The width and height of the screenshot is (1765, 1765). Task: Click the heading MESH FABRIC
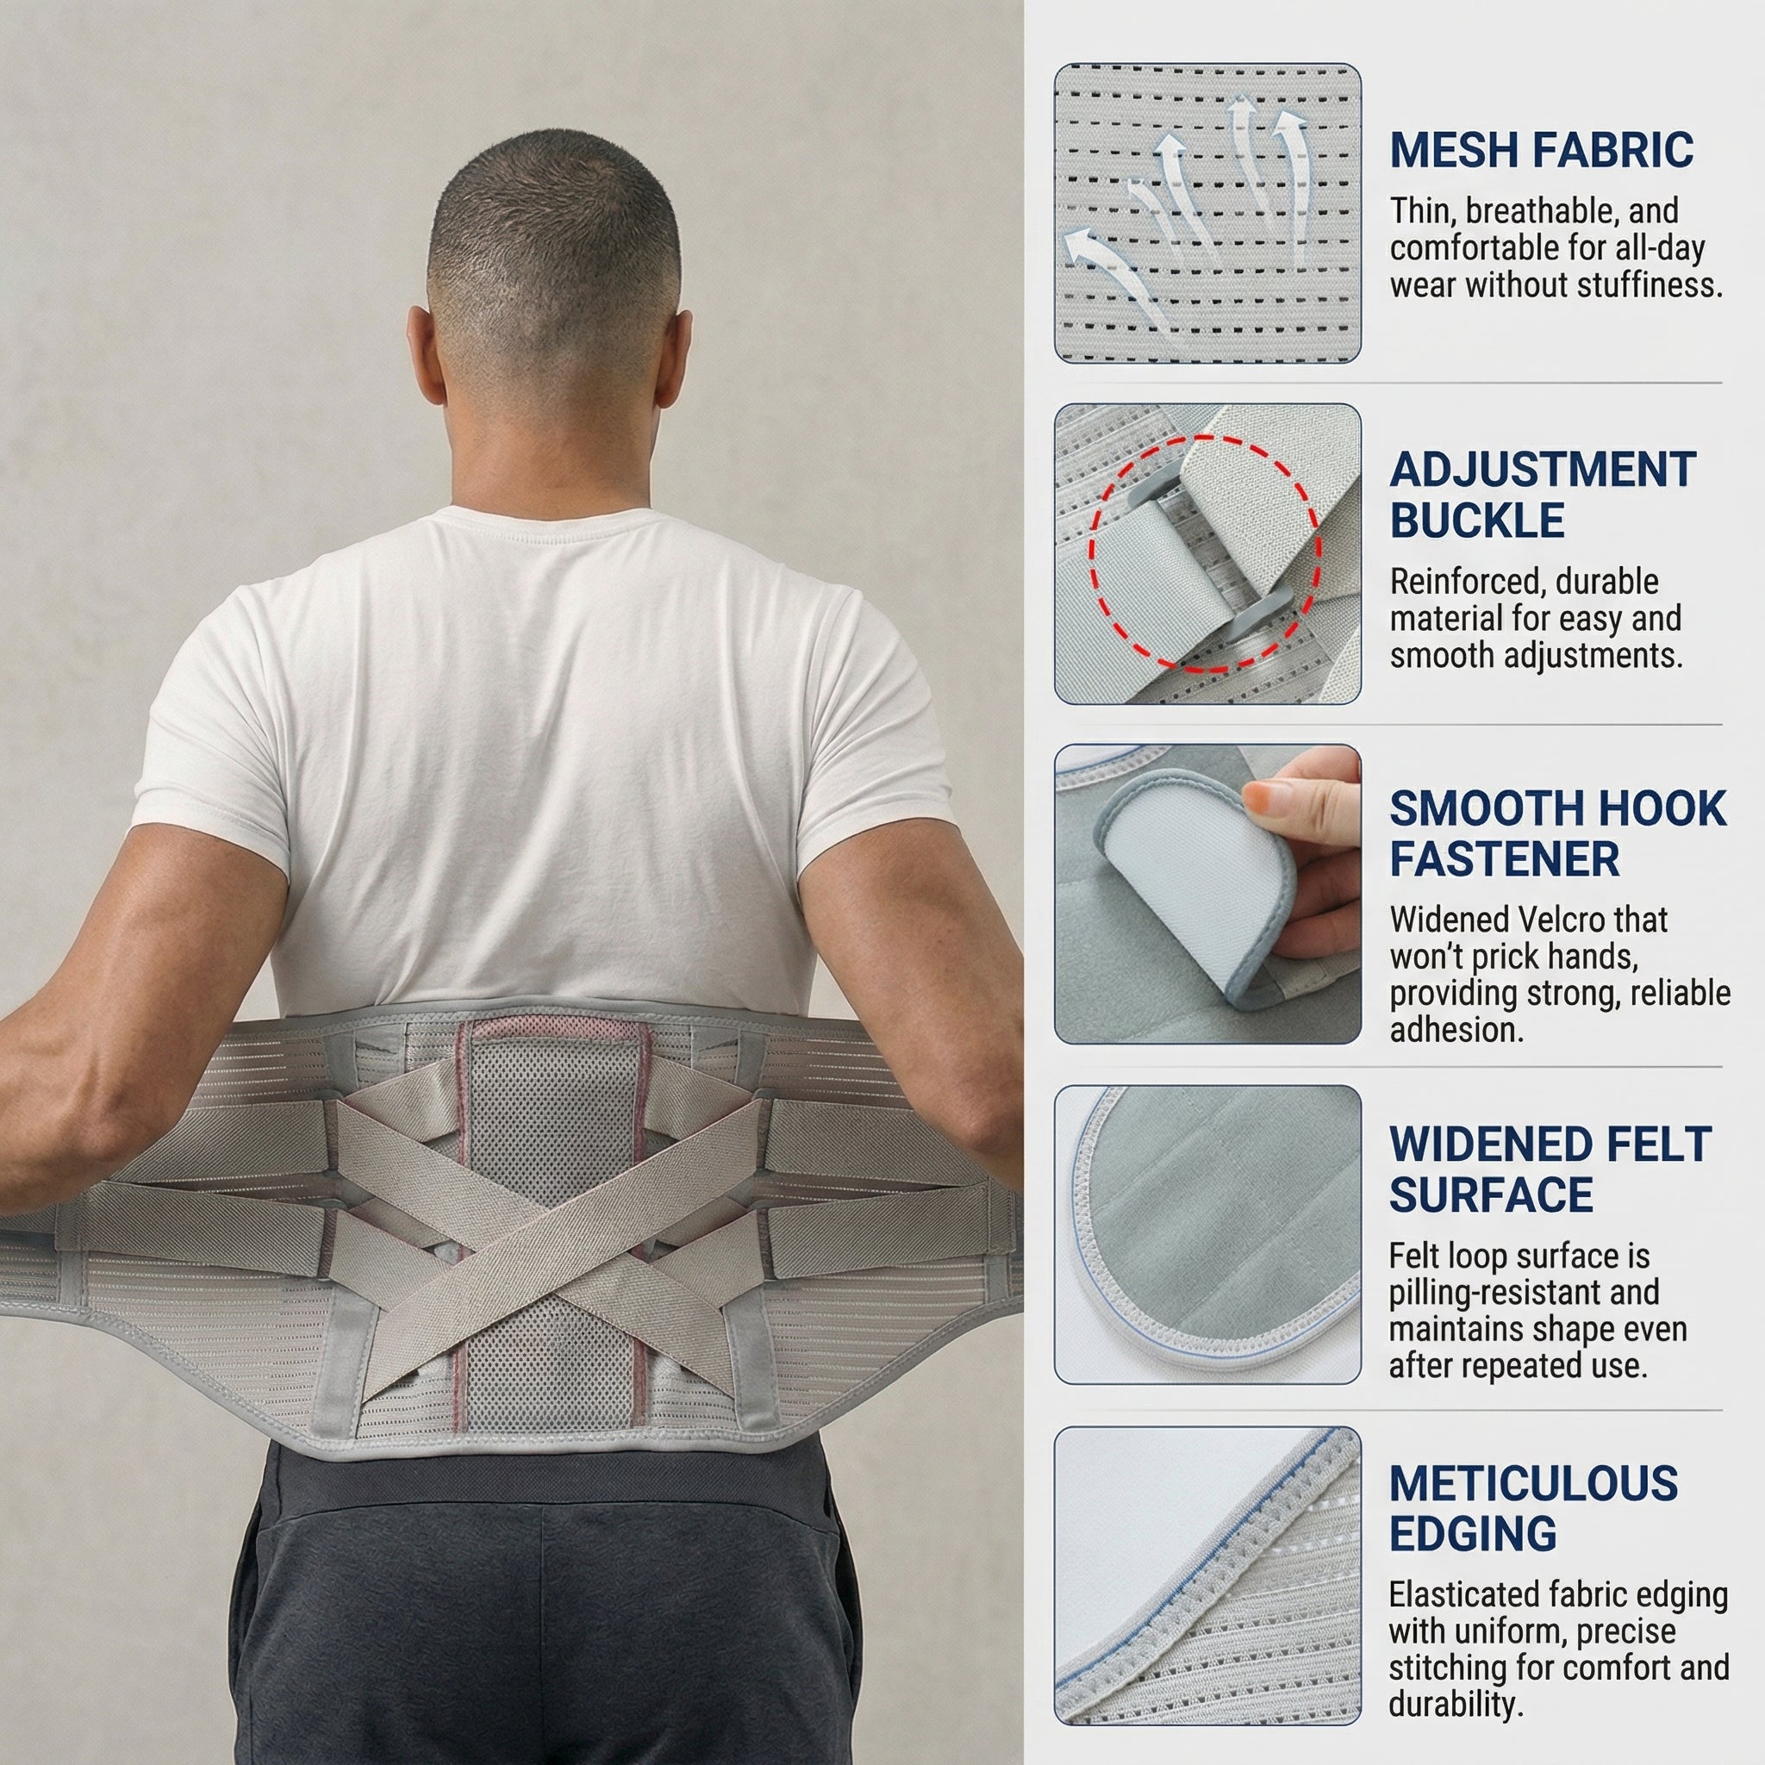1541,151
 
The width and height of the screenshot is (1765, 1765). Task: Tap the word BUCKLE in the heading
1477,521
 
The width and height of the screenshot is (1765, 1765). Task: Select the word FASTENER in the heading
1504,859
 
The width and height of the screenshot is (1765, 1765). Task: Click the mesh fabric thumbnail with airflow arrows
1207,213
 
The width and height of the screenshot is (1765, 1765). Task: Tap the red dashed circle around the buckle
1205,552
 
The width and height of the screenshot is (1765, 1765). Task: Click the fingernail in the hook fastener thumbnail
1262,801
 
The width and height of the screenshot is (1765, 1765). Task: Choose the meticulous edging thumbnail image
1207,1576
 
